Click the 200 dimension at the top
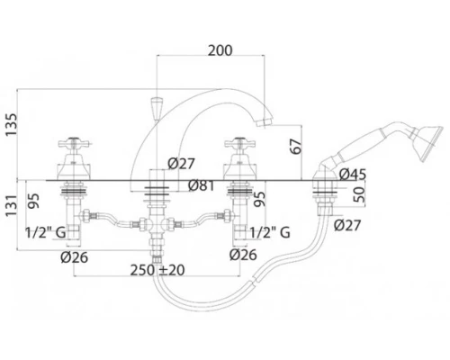coord(220,50)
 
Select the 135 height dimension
coord(12,124)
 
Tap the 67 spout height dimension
coord(296,147)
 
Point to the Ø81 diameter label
coord(202,185)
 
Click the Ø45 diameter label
coord(353,175)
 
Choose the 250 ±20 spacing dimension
coord(157,270)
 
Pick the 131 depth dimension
coord(12,205)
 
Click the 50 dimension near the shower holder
coord(359,194)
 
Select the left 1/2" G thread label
coord(46,232)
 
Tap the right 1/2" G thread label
coord(270,232)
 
